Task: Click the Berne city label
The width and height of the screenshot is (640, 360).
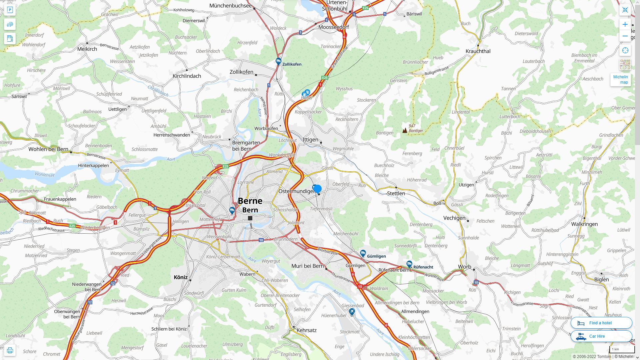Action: [250, 201]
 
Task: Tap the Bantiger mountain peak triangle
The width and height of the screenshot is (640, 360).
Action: [405, 130]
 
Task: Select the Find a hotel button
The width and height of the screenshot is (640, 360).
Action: [601, 323]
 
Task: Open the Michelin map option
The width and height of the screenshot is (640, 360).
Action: [620, 79]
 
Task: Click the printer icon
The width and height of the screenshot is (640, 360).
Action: [10, 350]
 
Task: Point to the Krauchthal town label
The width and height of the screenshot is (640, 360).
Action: [478, 51]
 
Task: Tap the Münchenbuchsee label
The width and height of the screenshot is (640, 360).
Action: [230, 6]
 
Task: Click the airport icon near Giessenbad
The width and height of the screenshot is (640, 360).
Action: [352, 312]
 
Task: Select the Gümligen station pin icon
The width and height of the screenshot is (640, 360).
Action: [363, 253]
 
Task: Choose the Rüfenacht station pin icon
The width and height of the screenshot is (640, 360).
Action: [409, 264]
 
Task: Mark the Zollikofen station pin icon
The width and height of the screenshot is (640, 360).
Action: [278, 61]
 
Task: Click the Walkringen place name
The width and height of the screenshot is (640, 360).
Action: [584, 224]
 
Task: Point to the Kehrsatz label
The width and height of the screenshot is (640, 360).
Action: [306, 330]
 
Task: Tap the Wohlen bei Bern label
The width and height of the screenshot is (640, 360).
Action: [48, 149]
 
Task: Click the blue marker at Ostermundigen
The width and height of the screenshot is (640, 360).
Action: [317, 189]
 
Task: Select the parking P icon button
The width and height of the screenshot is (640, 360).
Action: [10, 10]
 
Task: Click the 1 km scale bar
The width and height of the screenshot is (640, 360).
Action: [622, 349]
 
